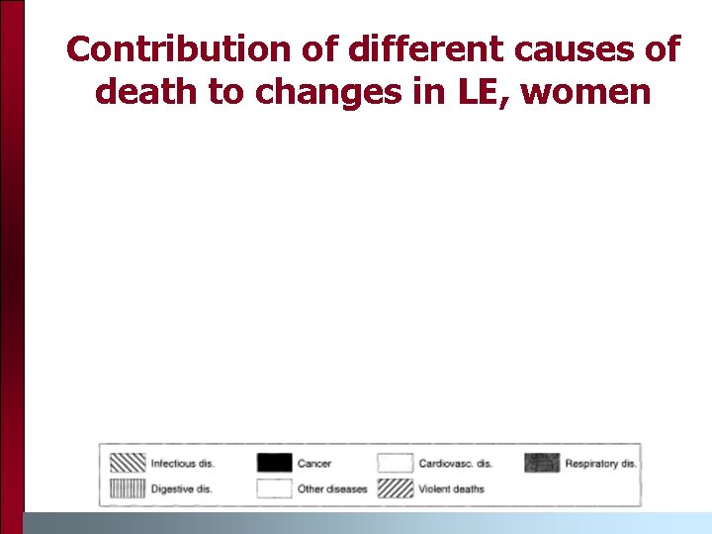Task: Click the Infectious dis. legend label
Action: [182, 463]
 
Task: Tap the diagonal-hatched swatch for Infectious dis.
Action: [127, 463]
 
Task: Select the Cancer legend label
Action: [314, 463]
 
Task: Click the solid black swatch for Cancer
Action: [274, 463]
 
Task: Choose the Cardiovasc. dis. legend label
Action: [455, 463]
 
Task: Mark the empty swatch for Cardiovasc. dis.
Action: [395, 463]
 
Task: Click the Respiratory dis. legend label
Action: [601, 463]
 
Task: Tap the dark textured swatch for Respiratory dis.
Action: [542, 463]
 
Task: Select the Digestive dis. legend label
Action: [180, 489]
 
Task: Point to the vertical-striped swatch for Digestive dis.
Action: [127, 489]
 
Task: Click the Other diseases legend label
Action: [332, 489]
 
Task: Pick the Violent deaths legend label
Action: [452, 489]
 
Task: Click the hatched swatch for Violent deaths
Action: [395, 489]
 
